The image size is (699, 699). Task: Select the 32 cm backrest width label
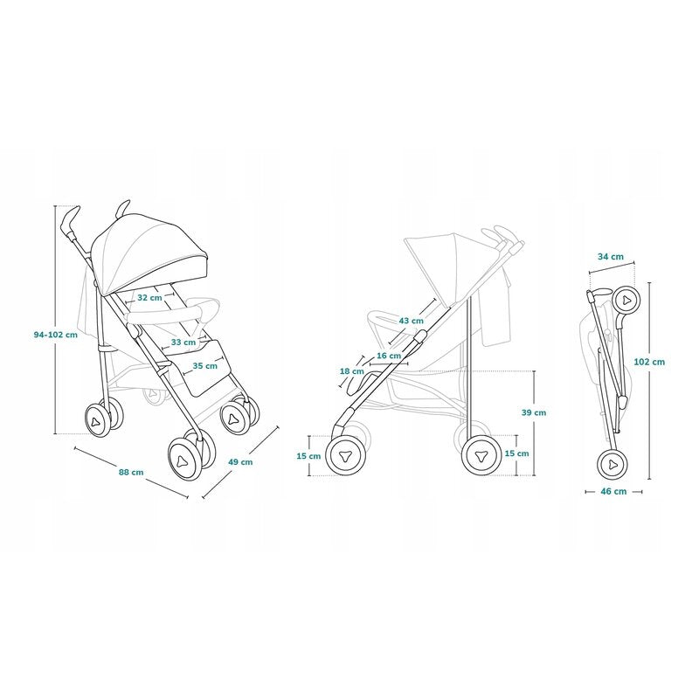[149, 297]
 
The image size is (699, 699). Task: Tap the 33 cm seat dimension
[183, 342]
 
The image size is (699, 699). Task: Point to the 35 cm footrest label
[204, 366]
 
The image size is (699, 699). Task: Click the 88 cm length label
[131, 473]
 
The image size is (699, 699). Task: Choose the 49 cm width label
[240, 462]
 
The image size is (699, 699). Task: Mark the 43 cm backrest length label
[411, 321]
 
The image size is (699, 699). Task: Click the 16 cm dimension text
[389, 356]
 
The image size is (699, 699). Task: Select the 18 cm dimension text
[352, 370]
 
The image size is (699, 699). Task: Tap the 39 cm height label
[534, 412]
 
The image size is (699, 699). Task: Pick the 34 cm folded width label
[611, 257]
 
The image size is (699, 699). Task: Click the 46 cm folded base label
[613, 491]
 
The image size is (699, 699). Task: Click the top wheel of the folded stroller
[626, 301]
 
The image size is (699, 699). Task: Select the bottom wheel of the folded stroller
[613, 464]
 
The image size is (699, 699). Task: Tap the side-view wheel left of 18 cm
[344, 455]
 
